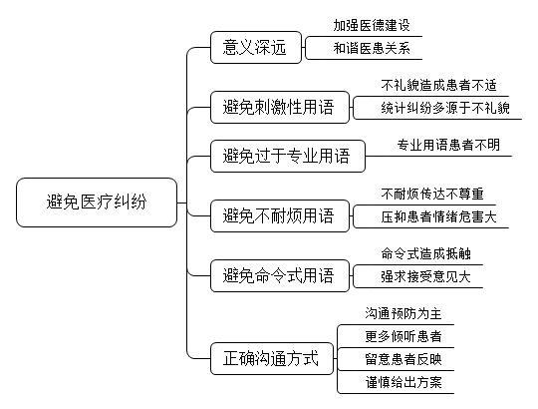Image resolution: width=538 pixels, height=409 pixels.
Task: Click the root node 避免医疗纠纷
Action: (x=97, y=203)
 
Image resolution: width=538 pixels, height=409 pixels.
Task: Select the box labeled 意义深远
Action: (x=256, y=48)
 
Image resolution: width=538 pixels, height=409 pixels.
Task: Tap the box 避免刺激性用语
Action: (x=280, y=107)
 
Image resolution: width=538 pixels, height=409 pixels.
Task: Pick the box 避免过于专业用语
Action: (x=288, y=156)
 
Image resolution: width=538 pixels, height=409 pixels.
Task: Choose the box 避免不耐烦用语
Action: (x=280, y=216)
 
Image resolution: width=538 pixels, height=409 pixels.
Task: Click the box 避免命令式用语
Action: (x=280, y=275)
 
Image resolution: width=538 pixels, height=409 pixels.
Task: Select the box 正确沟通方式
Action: (x=272, y=358)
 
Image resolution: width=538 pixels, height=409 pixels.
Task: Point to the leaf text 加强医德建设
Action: (x=372, y=25)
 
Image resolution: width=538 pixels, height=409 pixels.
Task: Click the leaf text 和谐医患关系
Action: (x=372, y=48)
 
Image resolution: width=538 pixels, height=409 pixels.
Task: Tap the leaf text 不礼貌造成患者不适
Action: (x=438, y=85)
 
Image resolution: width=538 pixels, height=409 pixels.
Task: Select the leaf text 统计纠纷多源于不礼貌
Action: (x=445, y=108)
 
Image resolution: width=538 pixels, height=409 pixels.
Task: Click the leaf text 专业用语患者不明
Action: (x=448, y=145)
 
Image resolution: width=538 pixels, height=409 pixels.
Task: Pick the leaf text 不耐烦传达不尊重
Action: (x=432, y=195)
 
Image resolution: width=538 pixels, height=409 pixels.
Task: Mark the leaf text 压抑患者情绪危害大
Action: (x=438, y=216)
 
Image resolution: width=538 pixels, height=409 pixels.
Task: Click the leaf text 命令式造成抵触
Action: (x=425, y=253)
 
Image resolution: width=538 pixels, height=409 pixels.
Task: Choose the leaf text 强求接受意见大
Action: (x=425, y=276)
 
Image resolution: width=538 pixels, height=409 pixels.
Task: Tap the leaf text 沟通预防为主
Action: (x=403, y=313)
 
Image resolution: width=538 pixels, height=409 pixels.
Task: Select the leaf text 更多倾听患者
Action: (x=403, y=336)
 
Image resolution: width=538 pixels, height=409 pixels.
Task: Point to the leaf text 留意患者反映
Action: (x=403, y=359)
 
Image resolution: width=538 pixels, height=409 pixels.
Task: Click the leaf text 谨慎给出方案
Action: (x=403, y=382)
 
